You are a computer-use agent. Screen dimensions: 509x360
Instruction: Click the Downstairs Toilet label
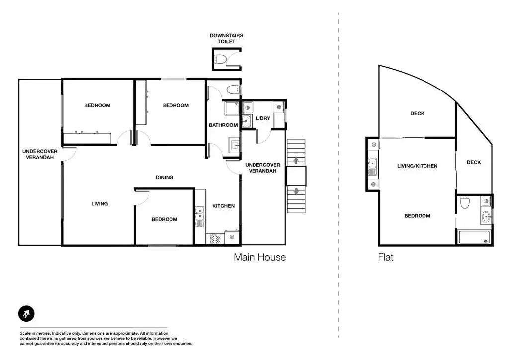[226, 38]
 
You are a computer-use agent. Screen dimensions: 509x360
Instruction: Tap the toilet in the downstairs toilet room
[220, 59]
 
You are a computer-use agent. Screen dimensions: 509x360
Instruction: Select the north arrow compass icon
[26, 314]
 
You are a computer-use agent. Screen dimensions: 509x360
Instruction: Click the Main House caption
[259, 257]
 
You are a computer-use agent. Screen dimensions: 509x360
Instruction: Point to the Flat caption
[386, 257]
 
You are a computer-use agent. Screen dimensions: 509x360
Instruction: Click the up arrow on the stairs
[296, 161]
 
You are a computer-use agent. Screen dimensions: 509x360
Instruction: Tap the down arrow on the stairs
[296, 191]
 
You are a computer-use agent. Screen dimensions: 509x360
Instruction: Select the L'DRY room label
[263, 118]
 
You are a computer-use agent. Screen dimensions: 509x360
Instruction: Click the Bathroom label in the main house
[223, 125]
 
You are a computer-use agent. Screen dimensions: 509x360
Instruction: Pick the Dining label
[164, 177]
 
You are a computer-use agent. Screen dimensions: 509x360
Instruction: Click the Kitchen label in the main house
[223, 206]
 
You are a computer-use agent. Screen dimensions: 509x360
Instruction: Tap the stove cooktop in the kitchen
[215, 239]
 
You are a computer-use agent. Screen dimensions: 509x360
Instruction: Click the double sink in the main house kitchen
[199, 216]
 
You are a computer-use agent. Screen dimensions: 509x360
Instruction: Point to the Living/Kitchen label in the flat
[418, 166]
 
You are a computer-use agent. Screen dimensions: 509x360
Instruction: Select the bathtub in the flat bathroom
[474, 237]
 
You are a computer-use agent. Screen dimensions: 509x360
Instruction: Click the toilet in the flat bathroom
[465, 202]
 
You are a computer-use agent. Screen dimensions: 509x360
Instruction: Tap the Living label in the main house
[99, 204]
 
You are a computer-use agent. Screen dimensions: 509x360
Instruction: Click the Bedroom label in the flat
[418, 216]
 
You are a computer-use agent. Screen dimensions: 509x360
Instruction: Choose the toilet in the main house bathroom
[233, 90]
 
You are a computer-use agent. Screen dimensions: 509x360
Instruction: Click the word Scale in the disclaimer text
[25, 333]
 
